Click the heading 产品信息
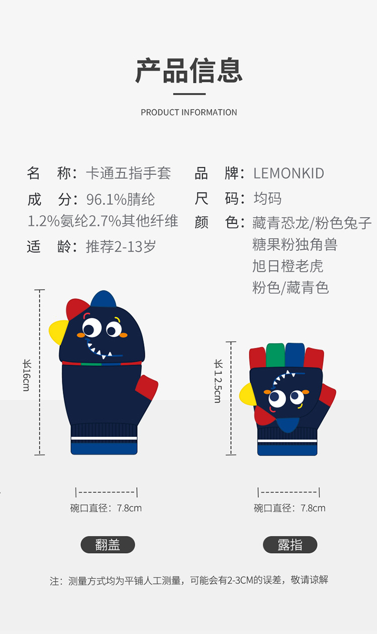tap(189, 71)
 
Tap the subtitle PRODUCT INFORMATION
tap(189, 112)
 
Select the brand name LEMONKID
tap(289, 173)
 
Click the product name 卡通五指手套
tap(129, 173)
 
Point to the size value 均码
tap(267, 199)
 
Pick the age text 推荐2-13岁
tap(121, 246)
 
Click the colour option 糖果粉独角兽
tap(295, 245)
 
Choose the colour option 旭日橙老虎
tap(288, 266)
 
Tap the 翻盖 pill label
tap(108, 545)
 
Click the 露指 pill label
tap(290, 545)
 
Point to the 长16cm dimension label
tap(27, 375)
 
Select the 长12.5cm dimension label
tap(218, 381)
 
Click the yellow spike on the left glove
tap(57, 332)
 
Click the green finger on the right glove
tap(274, 354)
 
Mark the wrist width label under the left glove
tap(106, 508)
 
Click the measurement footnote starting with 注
tap(189, 580)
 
